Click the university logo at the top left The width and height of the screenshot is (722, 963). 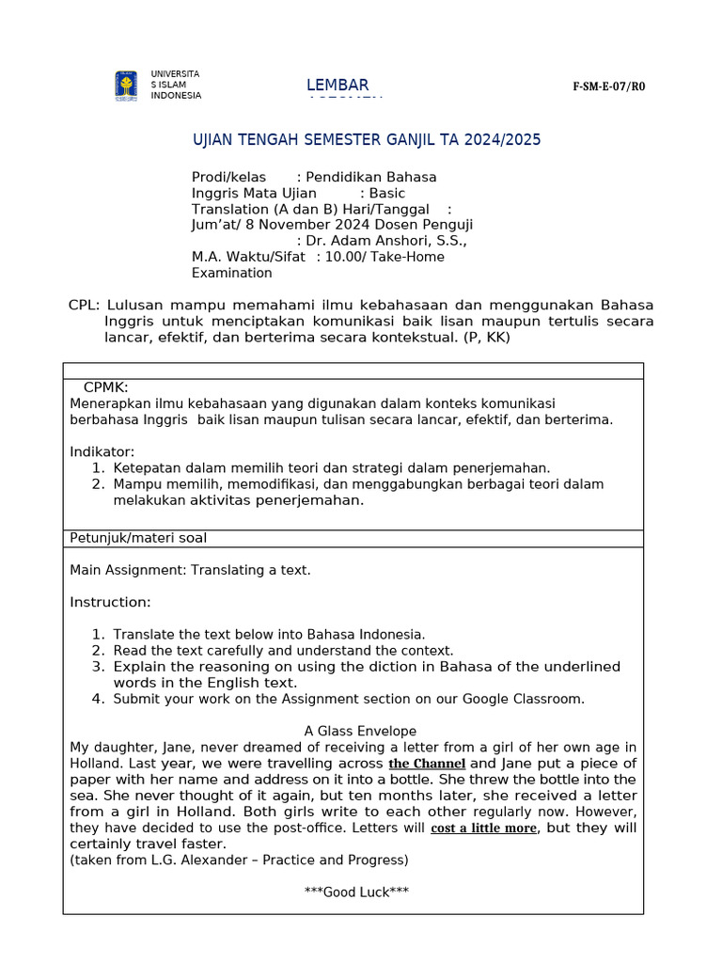(x=125, y=86)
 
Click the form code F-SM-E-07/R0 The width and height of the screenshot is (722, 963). (x=609, y=87)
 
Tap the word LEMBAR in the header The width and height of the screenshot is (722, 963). (x=337, y=86)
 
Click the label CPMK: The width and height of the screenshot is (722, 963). (x=105, y=387)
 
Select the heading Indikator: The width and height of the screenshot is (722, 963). (x=102, y=452)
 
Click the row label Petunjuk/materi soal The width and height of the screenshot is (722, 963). (x=138, y=538)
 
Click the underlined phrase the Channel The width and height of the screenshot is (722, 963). (x=427, y=764)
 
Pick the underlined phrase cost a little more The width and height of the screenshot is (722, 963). (x=484, y=829)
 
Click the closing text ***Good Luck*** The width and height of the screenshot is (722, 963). (x=356, y=892)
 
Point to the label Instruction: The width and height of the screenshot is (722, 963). (x=110, y=602)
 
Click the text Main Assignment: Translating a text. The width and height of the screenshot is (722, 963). (x=190, y=570)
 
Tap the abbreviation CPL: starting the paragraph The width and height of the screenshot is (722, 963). (x=84, y=306)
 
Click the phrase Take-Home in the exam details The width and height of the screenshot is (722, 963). (x=410, y=257)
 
